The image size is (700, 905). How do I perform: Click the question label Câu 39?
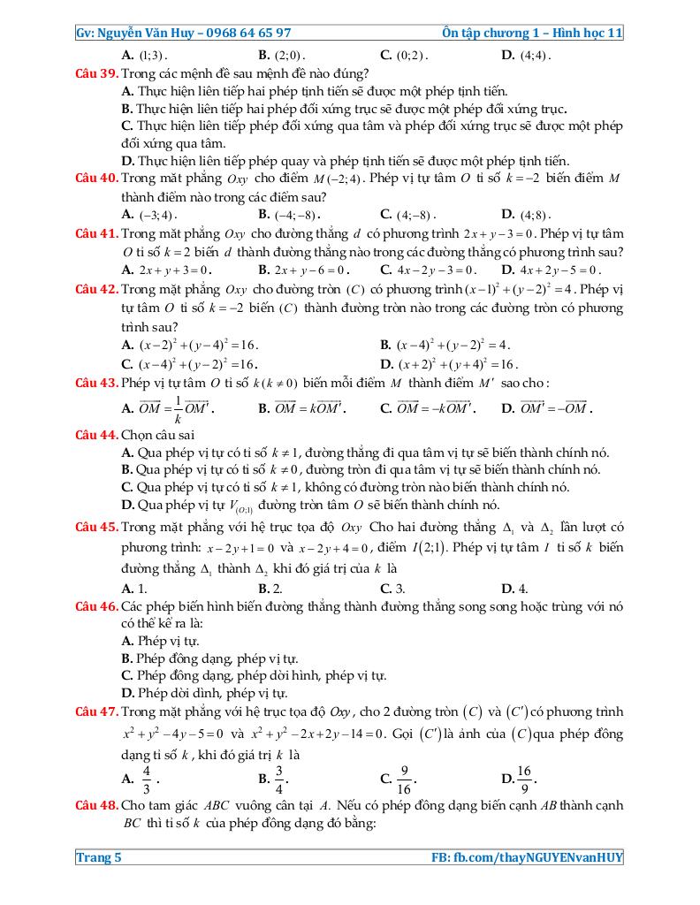[96, 72]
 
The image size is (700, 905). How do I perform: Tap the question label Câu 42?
[96, 289]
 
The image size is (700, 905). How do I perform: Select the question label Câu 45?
[96, 528]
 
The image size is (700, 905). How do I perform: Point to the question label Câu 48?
[96, 805]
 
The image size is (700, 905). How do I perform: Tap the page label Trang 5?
[98, 856]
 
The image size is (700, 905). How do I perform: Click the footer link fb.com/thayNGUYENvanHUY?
[538, 856]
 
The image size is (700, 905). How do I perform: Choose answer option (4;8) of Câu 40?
[534, 215]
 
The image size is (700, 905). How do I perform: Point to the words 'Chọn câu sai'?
[158, 435]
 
